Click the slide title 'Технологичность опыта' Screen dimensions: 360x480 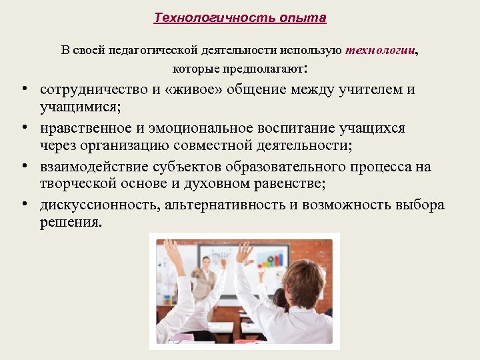pos(240,18)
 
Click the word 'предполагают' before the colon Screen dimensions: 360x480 pos(267,69)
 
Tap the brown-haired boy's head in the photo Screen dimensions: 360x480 pos(303,280)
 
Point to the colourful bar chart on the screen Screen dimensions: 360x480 pos(273,257)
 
